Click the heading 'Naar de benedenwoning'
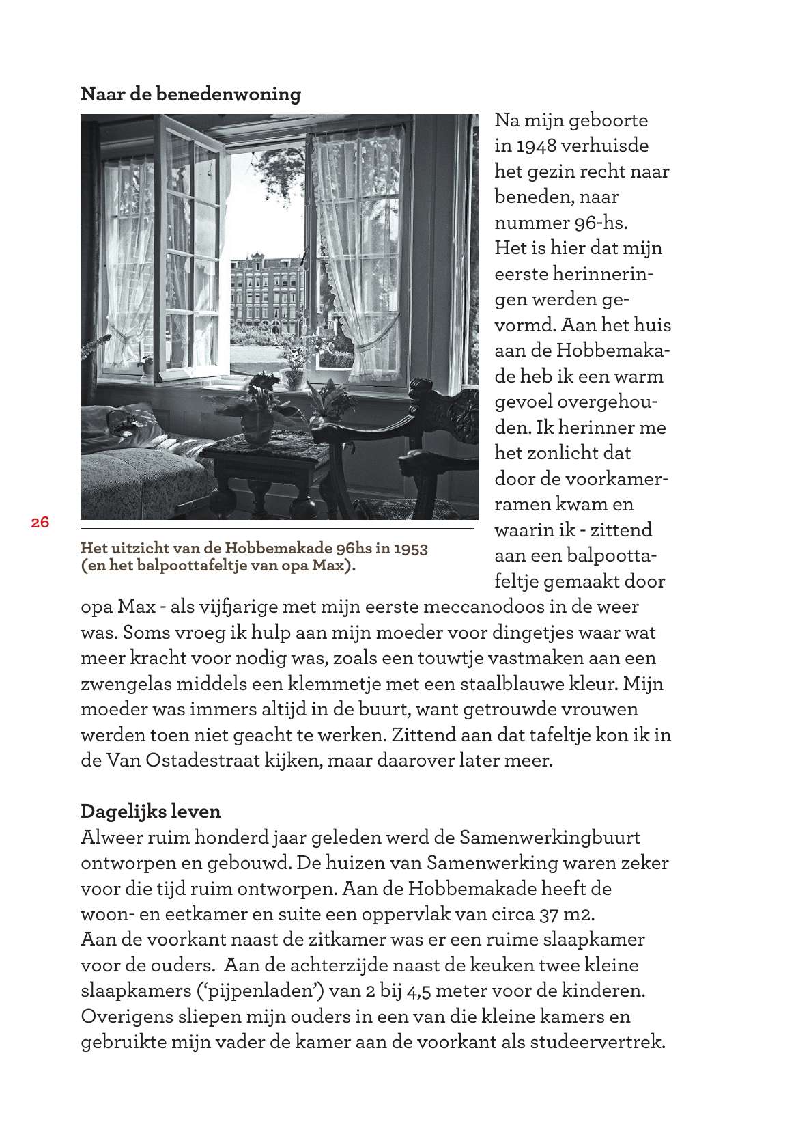click(x=190, y=94)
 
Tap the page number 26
click(x=40, y=523)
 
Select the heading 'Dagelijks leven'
click(x=151, y=812)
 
